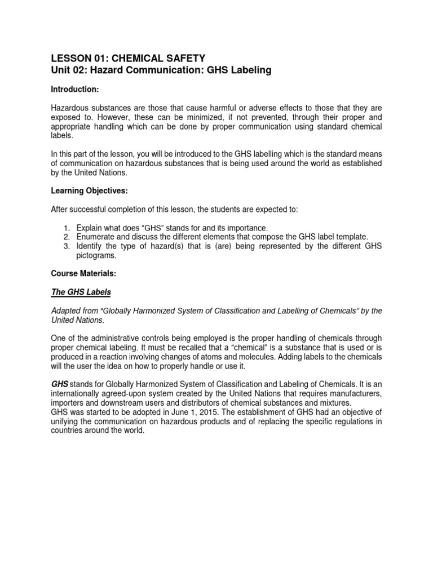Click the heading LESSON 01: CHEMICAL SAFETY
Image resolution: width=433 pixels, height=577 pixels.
click(x=128, y=58)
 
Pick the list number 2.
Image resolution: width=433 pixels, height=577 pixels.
click(x=66, y=238)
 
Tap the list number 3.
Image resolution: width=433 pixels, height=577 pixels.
click(x=66, y=246)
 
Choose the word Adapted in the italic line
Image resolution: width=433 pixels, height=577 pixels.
click(x=67, y=310)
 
